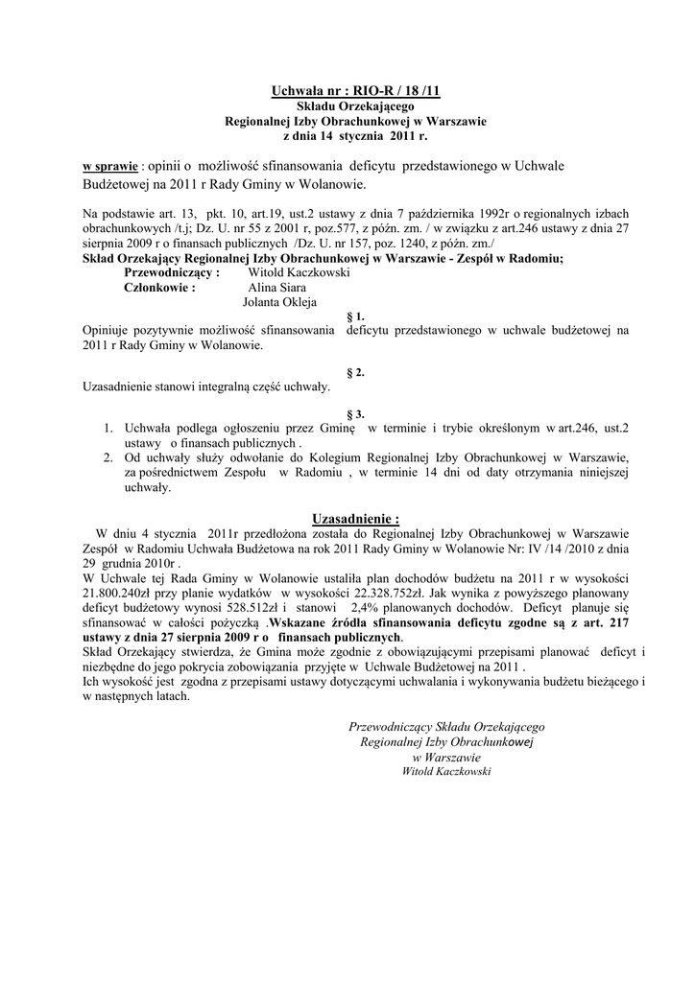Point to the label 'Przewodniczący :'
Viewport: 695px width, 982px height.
pos(165,272)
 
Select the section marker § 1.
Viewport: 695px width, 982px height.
pos(354,316)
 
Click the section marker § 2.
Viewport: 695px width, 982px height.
pos(354,372)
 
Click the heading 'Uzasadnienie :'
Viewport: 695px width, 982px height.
pos(355,518)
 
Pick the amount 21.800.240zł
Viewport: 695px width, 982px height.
pos(118,592)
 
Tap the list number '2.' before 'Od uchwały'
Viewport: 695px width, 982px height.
pos(108,457)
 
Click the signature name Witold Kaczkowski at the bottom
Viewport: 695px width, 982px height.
pos(446,770)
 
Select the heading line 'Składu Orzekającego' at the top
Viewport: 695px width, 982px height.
pos(355,106)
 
